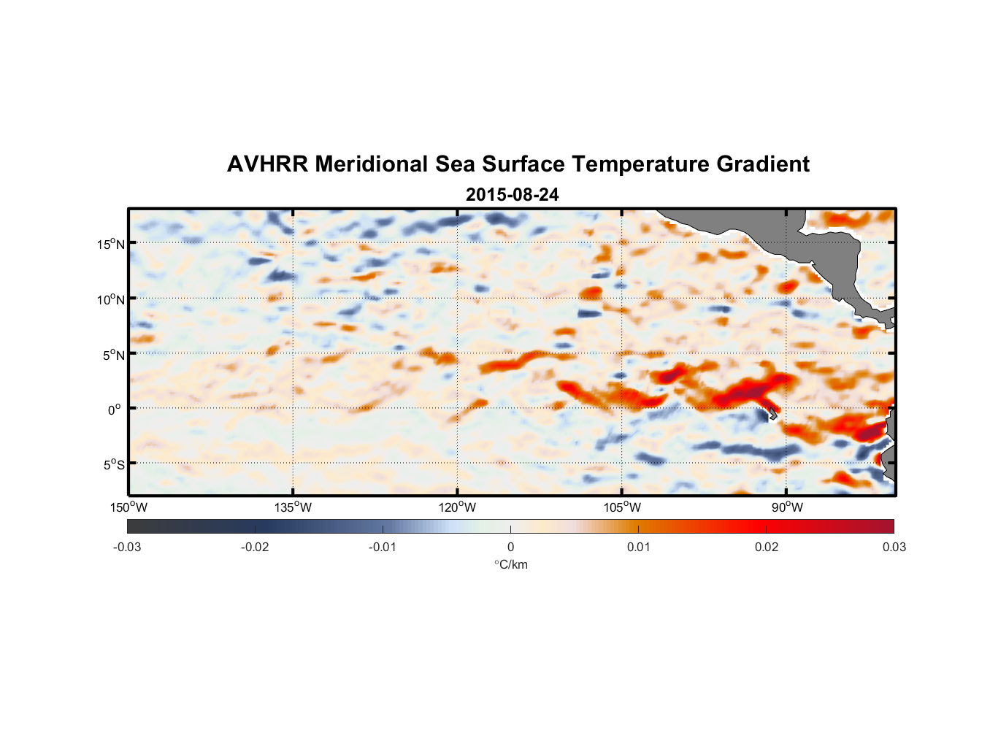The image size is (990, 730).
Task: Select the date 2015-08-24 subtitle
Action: pyautogui.click(x=512, y=195)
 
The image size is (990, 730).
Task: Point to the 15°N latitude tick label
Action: pyautogui.click(x=111, y=244)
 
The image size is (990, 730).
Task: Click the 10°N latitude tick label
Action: pyautogui.click(x=111, y=299)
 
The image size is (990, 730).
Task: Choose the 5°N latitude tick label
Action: pyautogui.click(x=113, y=355)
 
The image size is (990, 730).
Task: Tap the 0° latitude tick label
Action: pyautogui.click(x=115, y=410)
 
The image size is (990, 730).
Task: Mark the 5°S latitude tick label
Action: pyautogui.click(x=113, y=464)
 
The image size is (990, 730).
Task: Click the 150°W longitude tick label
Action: pyautogui.click(x=128, y=507)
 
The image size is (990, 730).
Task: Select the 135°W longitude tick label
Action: pyautogui.click(x=293, y=507)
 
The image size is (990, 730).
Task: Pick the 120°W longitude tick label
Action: pyautogui.click(x=457, y=507)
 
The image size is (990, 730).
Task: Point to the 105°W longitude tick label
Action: pyautogui.click(x=622, y=507)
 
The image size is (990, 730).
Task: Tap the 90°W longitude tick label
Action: pyautogui.click(x=787, y=507)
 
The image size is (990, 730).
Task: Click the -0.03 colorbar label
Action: pyautogui.click(x=127, y=547)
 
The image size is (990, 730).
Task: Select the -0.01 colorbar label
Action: pyautogui.click(x=383, y=547)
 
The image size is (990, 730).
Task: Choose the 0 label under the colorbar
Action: pyautogui.click(x=510, y=547)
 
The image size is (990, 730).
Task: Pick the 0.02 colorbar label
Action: pyautogui.click(x=767, y=547)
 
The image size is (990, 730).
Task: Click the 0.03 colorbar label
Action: pyautogui.click(x=894, y=547)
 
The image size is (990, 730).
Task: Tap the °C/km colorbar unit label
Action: pyautogui.click(x=510, y=564)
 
